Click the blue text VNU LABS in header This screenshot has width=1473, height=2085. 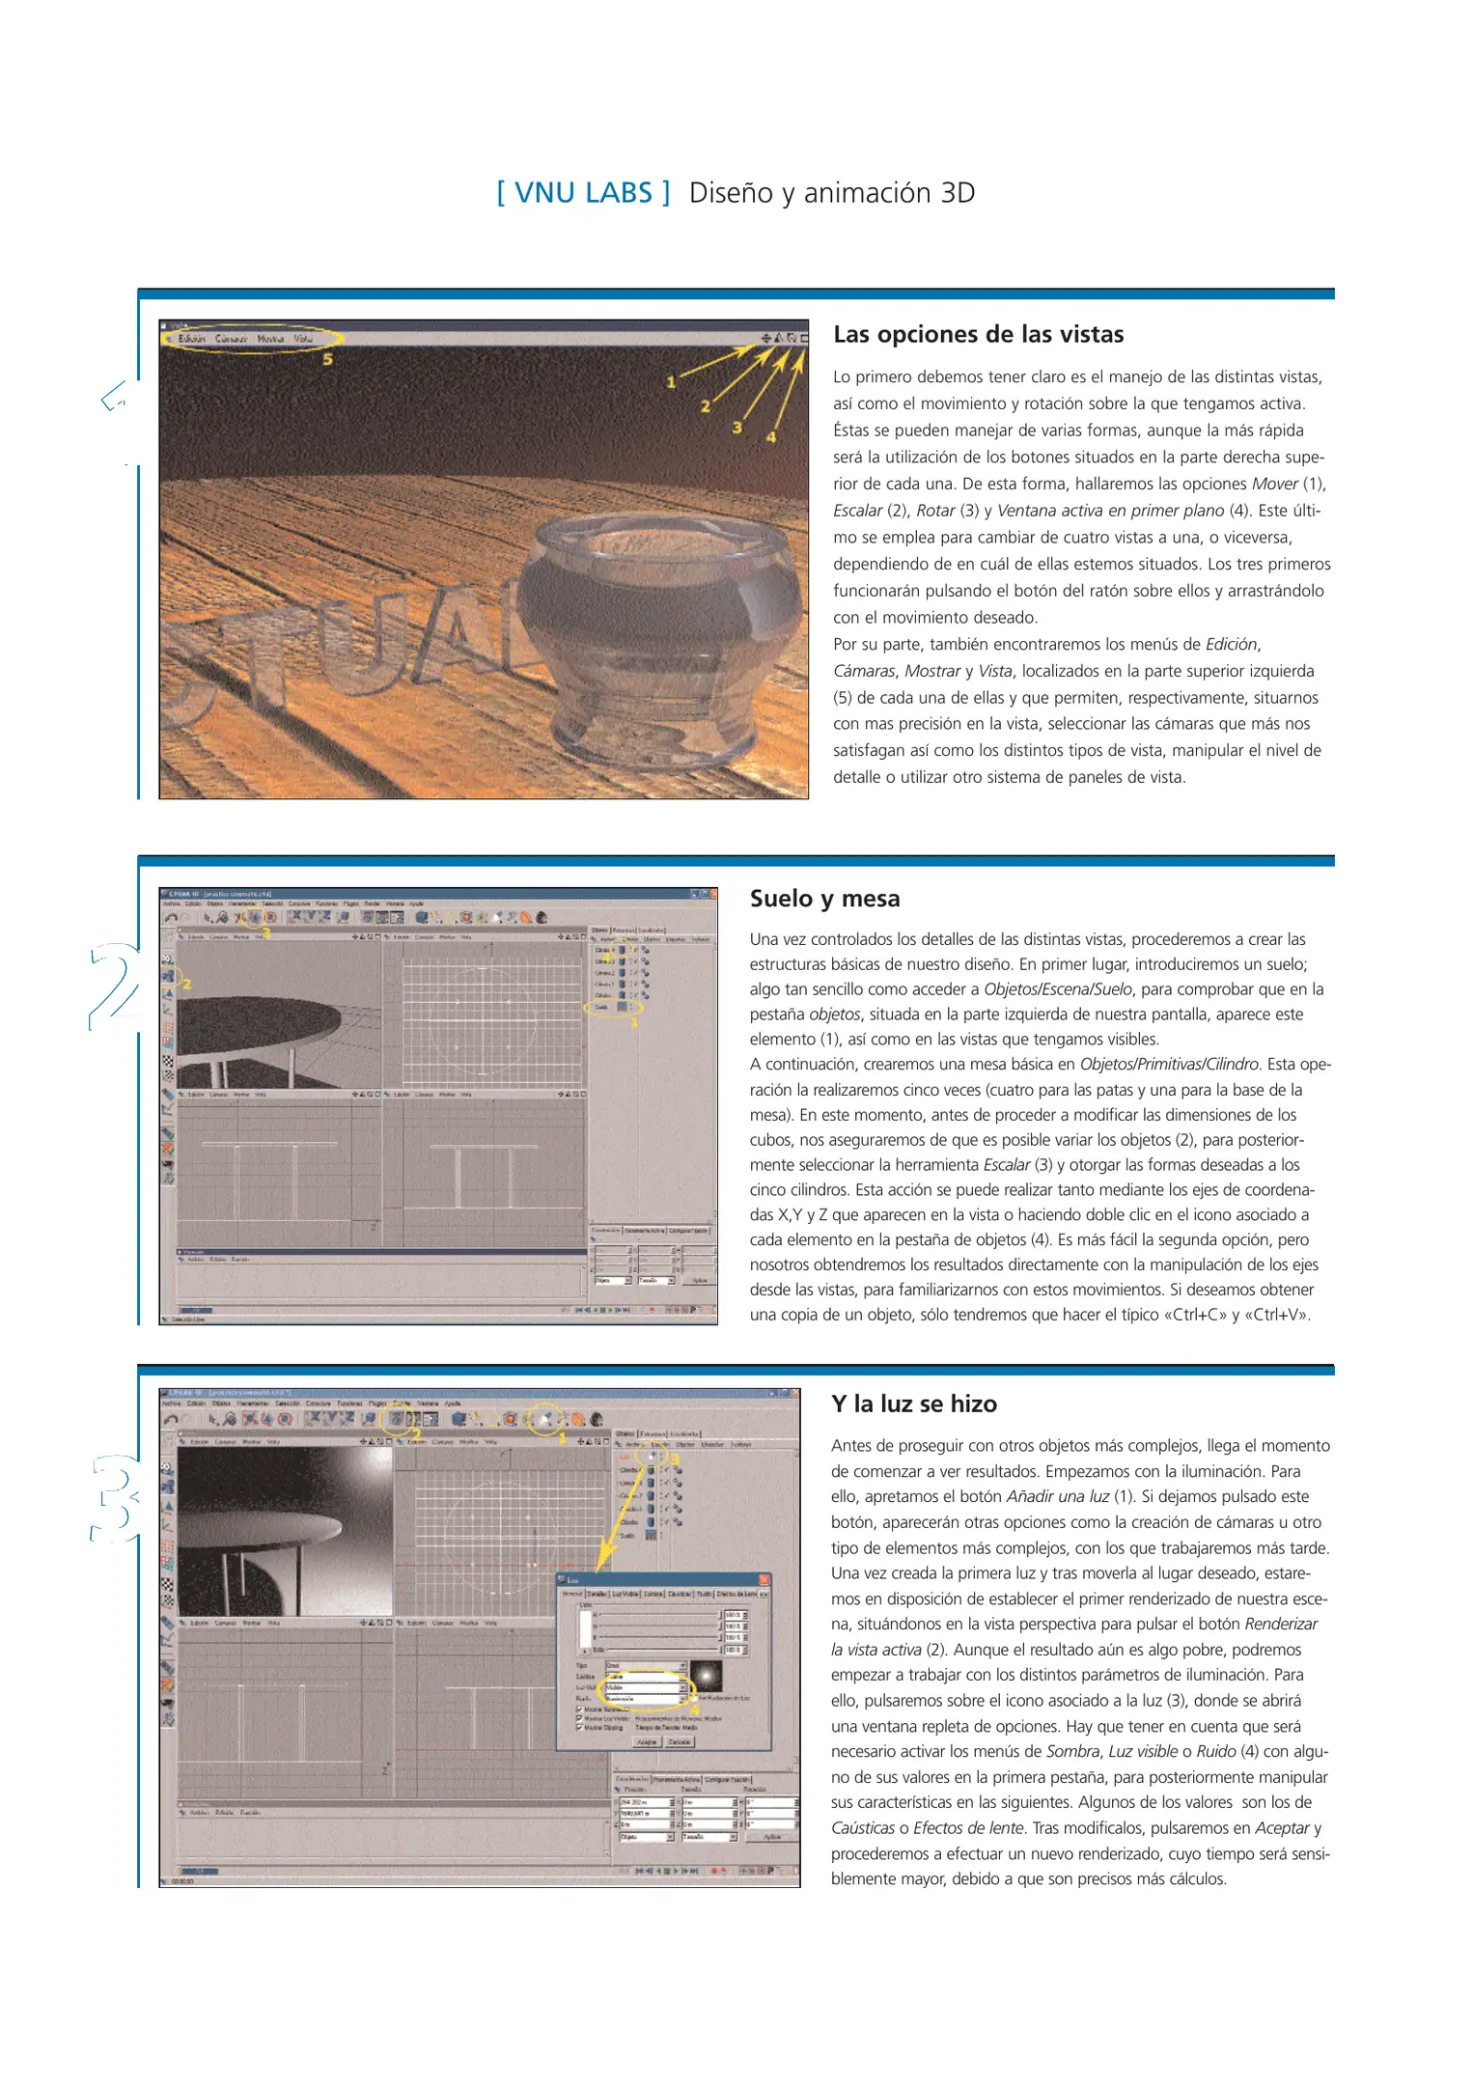(583, 192)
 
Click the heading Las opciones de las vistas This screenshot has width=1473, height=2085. (978, 334)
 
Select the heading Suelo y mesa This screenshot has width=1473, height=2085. (824, 898)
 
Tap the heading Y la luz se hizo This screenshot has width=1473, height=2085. (913, 1404)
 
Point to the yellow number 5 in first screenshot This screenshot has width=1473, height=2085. (327, 359)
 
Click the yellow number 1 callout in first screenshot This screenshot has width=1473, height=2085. (671, 382)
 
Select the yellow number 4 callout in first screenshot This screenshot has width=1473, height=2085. (770, 437)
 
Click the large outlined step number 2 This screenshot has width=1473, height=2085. (114, 985)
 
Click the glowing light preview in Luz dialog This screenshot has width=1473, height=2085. (706, 1676)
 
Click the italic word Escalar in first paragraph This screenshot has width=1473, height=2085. (857, 511)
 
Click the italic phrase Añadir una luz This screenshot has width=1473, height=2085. (1057, 1496)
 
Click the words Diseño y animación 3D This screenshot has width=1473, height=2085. (831, 192)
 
